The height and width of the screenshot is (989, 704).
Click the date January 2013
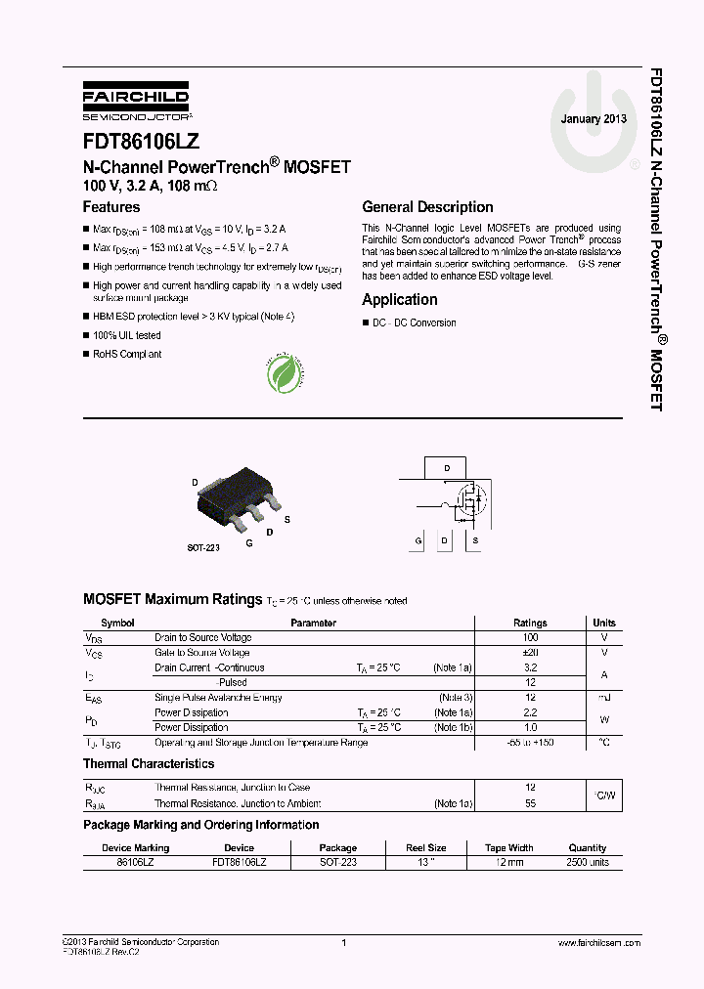[x=594, y=119]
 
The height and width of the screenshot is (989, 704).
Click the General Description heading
[x=427, y=207]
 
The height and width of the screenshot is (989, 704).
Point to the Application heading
[x=400, y=300]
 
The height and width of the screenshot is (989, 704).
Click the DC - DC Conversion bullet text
[x=415, y=323]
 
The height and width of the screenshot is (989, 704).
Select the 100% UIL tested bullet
[x=127, y=335]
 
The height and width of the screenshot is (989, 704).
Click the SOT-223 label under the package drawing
[x=203, y=548]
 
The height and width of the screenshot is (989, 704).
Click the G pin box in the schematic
[x=418, y=540]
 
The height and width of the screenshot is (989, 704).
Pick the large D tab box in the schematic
[x=447, y=469]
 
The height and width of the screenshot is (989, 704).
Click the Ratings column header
[x=531, y=623]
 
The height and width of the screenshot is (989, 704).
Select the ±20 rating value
[x=531, y=653]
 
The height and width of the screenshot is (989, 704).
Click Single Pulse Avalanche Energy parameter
[x=218, y=698]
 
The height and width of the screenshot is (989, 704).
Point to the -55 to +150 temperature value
[x=531, y=744]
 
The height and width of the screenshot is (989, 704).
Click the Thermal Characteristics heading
[x=149, y=764]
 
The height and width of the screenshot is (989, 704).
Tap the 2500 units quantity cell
[x=588, y=863]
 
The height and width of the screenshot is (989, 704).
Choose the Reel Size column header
[x=425, y=848]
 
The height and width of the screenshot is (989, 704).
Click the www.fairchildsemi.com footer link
[x=598, y=943]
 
